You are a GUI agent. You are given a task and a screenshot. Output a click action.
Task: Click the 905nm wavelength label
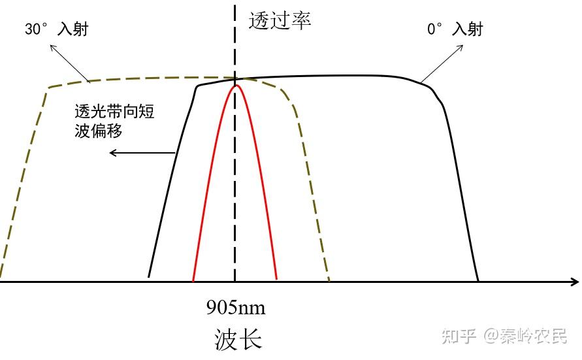tap(236, 306)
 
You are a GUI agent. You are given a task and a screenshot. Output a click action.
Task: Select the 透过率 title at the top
tap(280, 20)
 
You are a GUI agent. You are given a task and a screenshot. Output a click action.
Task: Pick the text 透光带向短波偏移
tap(114, 121)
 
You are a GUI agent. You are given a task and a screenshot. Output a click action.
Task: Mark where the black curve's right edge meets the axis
tap(478, 282)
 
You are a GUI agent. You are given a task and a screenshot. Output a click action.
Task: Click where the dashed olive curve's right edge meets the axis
tap(329, 282)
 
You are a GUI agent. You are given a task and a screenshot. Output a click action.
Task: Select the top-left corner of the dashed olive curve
tap(48, 87)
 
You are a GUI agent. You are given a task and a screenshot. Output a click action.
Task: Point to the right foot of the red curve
tap(278, 280)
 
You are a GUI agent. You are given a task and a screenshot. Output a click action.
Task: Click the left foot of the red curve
tap(193, 280)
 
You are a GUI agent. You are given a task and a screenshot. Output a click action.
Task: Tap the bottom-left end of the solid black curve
tap(150, 276)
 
